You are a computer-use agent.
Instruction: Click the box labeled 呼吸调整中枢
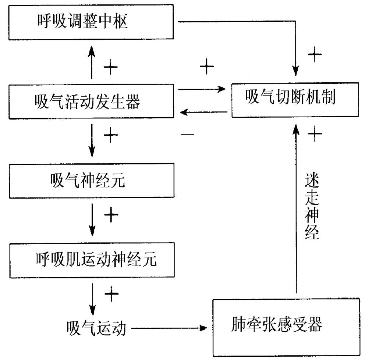click(x=91, y=22)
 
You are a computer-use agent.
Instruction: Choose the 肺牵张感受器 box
click(x=286, y=327)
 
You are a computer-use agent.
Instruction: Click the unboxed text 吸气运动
click(x=96, y=327)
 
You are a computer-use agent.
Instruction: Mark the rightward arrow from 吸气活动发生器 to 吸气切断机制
click(x=202, y=89)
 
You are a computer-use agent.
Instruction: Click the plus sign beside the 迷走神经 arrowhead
click(x=315, y=135)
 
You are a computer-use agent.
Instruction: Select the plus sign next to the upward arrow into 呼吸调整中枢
click(x=110, y=68)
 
